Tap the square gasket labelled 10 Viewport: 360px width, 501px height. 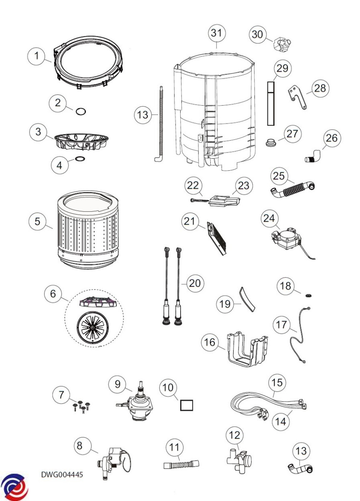click(187, 405)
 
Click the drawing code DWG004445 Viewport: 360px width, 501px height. click(62, 475)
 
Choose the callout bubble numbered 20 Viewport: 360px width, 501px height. click(194, 283)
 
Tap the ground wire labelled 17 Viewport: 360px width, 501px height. click(297, 334)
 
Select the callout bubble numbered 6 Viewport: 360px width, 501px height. click(53, 294)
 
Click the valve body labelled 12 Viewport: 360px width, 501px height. click(238, 464)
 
